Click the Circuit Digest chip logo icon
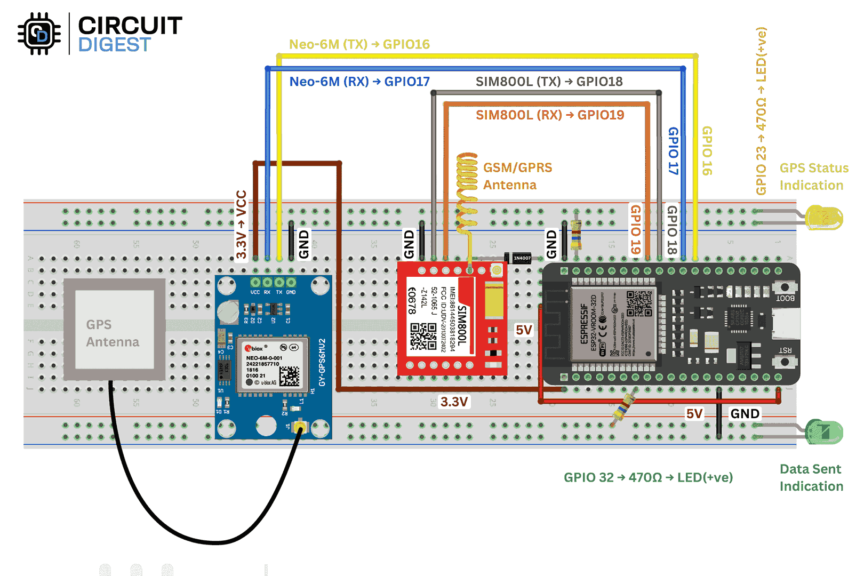tap(38, 34)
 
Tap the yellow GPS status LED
tap(825, 218)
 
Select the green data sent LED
tap(825, 431)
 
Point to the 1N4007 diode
tap(519, 258)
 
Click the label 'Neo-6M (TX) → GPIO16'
tap(359, 44)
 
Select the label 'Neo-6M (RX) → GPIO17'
tap(359, 82)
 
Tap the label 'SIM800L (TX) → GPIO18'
tap(549, 82)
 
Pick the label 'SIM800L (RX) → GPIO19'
tap(549, 115)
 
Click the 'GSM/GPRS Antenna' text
tap(517, 176)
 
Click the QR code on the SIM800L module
tap(423, 336)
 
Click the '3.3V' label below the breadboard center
tap(454, 402)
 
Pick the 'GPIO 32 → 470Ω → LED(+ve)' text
tap(648, 477)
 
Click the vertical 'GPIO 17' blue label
tap(674, 150)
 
